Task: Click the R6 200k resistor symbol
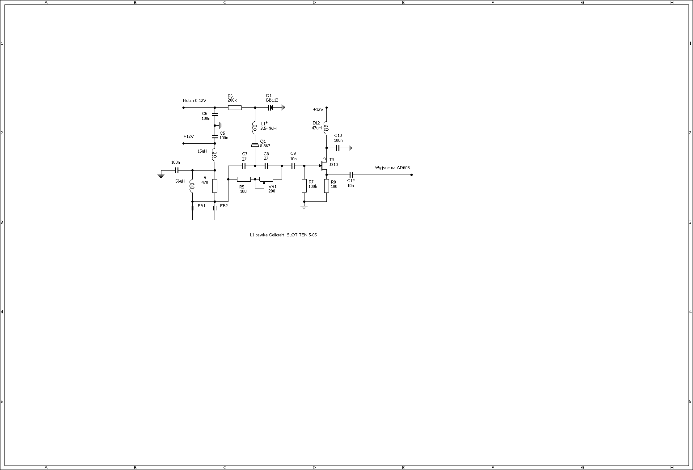(x=235, y=107)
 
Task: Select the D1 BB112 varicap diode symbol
(x=271, y=107)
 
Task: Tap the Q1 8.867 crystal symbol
(x=255, y=146)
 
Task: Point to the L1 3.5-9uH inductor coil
(x=255, y=127)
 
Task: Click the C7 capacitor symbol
(x=244, y=166)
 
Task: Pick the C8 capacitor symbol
(x=266, y=166)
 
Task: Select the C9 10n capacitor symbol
(x=293, y=166)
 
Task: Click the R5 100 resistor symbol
(x=244, y=179)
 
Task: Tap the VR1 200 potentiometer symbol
(x=266, y=179)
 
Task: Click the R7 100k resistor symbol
(x=304, y=186)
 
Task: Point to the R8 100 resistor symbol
(x=327, y=186)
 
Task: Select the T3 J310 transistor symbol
(x=324, y=165)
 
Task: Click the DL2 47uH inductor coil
(x=326, y=127)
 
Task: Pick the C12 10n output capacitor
(x=351, y=175)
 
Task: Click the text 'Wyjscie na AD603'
(x=392, y=168)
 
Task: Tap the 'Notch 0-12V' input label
(x=194, y=101)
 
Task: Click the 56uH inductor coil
(x=192, y=186)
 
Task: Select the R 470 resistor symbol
(x=215, y=186)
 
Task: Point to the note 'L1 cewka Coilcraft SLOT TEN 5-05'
(x=283, y=235)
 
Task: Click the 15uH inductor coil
(x=215, y=154)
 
